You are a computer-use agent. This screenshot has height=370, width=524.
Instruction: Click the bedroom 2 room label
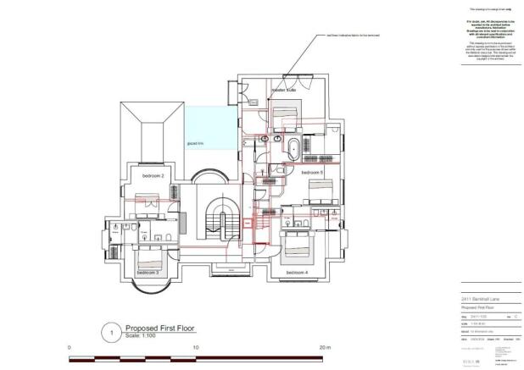click(x=153, y=175)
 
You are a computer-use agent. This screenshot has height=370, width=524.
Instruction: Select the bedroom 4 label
click(x=297, y=273)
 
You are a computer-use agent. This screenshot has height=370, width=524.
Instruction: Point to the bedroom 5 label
click(x=310, y=172)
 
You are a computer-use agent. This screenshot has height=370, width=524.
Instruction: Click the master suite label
click(x=282, y=88)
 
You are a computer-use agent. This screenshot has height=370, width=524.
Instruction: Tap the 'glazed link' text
click(x=196, y=144)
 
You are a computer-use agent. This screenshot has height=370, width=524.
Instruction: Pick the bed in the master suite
click(x=284, y=114)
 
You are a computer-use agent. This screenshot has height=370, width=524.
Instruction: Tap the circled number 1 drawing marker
click(x=108, y=332)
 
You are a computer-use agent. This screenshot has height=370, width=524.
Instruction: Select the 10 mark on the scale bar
click(x=196, y=348)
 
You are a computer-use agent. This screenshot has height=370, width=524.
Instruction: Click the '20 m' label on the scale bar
click(x=324, y=348)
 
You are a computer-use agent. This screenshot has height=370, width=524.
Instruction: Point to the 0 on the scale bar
click(x=70, y=348)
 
